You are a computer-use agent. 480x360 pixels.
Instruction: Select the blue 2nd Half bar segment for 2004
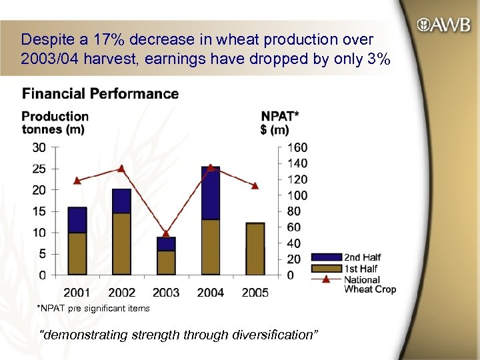pyautogui.click(x=211, y=193)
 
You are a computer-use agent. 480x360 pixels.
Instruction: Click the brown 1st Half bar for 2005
pyautogui.click(x=255, y=249)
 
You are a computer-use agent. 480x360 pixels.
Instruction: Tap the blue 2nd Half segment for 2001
pyautogui.click(x=77, y=220)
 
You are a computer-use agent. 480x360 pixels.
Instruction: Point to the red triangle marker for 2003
pyautogui.click(x=166, y=233)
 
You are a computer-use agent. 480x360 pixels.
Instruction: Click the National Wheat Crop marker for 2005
pyautogui.click(x=255, y=185)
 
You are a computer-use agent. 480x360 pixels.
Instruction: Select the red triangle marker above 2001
pyautogui.click(x=77, y=180)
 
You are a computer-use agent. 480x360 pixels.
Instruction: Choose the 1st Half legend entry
pyautogui.click(x=361, y=269)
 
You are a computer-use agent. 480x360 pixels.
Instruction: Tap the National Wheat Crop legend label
pyautogui.click(x=370, y=285)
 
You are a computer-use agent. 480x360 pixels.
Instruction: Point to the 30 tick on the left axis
pyautogui.click(x=41, y=147)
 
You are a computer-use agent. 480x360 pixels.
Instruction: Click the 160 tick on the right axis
pyautogui.click(x=298, y=147)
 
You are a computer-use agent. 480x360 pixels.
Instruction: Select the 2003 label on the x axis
pyautogui.click(x=166, y=292)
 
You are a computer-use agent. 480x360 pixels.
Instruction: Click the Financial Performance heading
pyautogui.click(x=100, y=94)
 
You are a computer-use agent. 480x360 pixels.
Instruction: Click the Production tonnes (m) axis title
pyautogui.click(x=55, y=123)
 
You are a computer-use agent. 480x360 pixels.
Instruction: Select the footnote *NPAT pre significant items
pyautogui.click(x=93, y=308)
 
